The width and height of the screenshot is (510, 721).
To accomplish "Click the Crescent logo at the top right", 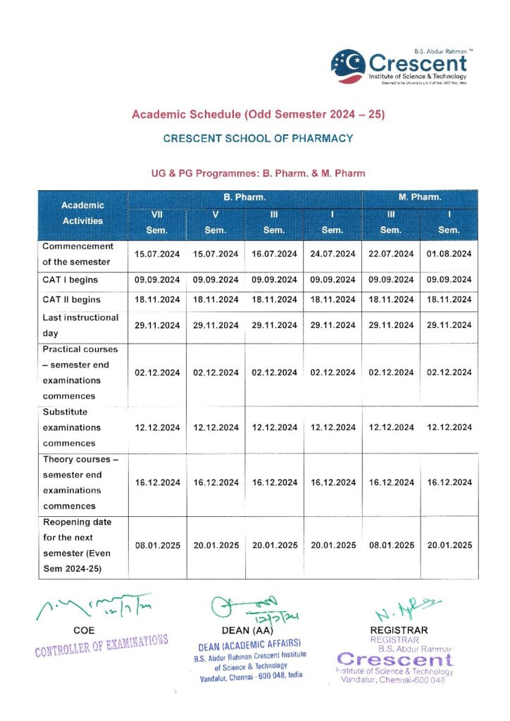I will tap(399, 66).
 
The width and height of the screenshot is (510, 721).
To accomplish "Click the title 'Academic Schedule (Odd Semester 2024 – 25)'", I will tap(258, 114).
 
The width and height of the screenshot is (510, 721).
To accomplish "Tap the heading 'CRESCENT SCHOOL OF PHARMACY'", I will tap(258, 139).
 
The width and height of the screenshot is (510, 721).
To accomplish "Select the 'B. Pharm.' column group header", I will tap(244, 198).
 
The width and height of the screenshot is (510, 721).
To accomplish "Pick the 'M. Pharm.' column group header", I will tap(420, 198).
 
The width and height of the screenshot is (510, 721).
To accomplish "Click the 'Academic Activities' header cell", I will tap(82, 213).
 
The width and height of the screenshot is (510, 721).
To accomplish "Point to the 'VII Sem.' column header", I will tap(157, 222).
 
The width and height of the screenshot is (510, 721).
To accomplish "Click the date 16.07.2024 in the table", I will tap(274, 253).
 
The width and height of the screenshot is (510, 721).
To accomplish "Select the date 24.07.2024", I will tap(332, 253).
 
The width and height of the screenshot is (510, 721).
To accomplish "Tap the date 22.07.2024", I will tap(391, 253).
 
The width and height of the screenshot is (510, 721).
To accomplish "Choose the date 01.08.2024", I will tap(449, 253).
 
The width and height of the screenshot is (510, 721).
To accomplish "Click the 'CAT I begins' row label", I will tap(70, 280).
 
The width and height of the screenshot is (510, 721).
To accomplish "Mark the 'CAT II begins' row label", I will tap(72, 299).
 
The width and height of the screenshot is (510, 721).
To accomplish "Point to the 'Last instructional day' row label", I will tap(80, 325).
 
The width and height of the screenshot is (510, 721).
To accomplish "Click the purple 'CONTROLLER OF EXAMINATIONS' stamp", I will tap(101, 644).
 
